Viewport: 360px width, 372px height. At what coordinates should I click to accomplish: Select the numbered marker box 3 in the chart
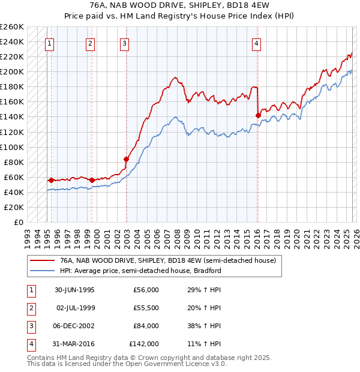(x=124, y=43)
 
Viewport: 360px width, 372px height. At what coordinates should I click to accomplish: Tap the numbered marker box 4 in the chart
(x=256, y=43)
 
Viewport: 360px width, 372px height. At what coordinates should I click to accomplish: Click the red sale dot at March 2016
(x=258, y=115)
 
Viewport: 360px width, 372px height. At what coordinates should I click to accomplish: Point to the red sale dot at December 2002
(x=126, y=159)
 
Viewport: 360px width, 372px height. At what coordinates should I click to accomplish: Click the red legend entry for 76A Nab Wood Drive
(x=167, y=261)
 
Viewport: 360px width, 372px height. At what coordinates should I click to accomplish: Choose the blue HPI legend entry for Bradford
(x=140, y=271)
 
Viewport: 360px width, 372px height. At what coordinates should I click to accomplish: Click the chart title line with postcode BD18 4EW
(x=180, y=5)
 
